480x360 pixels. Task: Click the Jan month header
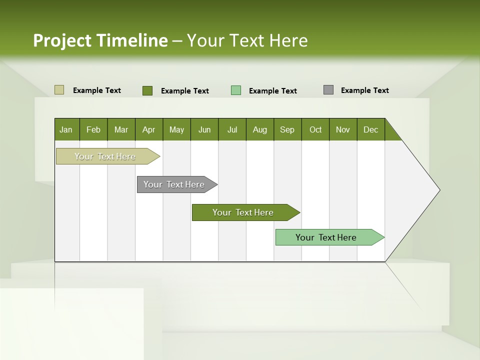click(66, 129)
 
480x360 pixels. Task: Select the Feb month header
click(93, 129)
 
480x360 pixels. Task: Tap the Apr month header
click(149, 129)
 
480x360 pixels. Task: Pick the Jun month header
click(204, 129)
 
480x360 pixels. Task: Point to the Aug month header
click(260, 129)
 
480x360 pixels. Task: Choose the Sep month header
click(287, 129)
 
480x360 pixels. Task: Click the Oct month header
click(315, 129)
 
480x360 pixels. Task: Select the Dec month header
click(371, 129)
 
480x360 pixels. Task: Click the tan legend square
click(59, 90)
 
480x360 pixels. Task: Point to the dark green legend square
click(147, 90)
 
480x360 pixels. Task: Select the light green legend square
click(236, 90)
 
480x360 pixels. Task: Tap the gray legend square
click(328, 90)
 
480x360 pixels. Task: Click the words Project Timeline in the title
click(100, 40)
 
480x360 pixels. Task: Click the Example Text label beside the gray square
click(365, 90)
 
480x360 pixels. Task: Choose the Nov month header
click(343, 129)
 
